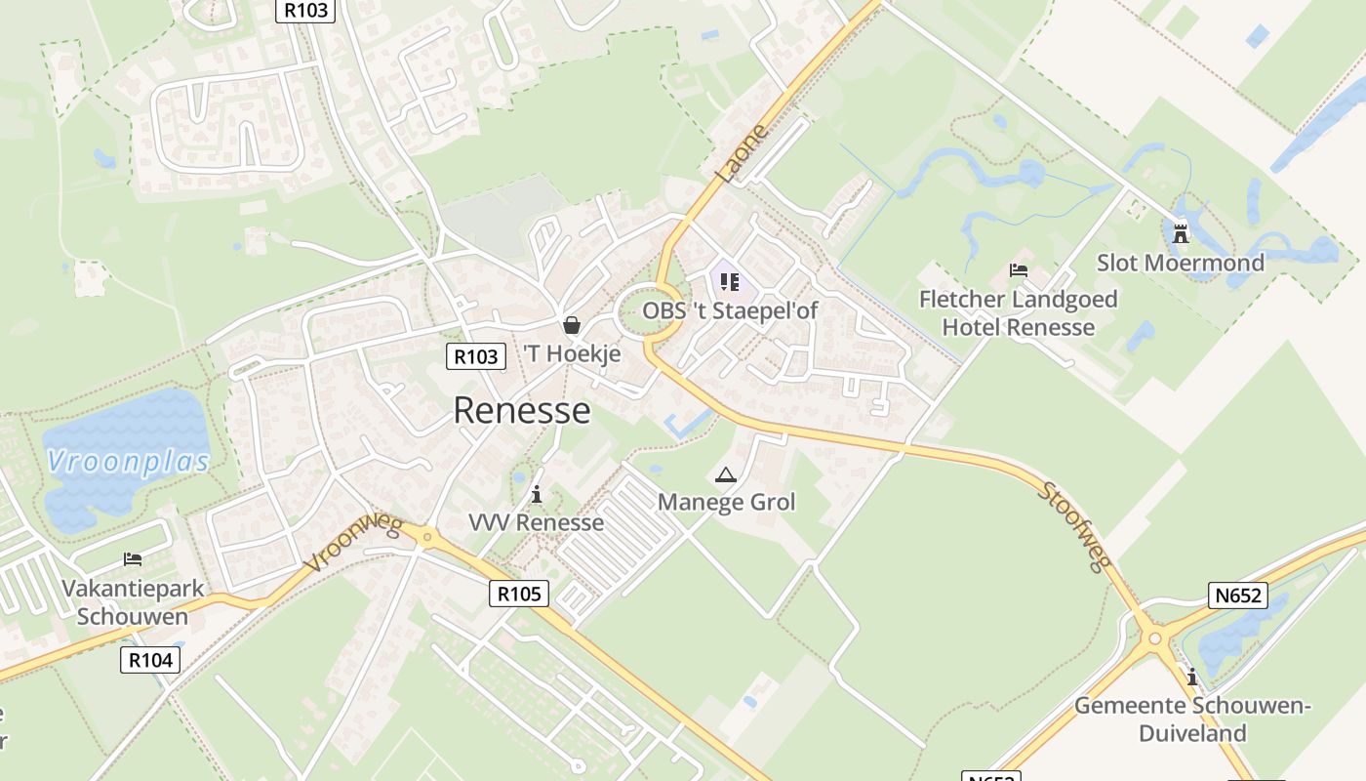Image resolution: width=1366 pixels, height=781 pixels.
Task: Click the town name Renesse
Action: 522,410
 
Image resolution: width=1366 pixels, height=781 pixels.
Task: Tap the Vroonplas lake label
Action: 128,461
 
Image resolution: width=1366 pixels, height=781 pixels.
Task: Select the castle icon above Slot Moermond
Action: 1181,233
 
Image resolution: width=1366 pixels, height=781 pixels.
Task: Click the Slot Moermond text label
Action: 1181,263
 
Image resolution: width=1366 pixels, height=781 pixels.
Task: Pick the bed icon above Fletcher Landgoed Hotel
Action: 1019,270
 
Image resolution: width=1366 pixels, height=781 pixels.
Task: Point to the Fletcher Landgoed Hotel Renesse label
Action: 1019,312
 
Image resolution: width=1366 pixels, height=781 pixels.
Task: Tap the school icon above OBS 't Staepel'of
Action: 729,283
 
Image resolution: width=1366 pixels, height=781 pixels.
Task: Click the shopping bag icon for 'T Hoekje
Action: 571,325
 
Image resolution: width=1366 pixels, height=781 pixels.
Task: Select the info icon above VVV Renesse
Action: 536,495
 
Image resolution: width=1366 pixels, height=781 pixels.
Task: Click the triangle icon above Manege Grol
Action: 725,475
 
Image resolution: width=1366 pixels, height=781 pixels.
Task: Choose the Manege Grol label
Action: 727,502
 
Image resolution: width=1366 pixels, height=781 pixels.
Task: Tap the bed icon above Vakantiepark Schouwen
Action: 133,559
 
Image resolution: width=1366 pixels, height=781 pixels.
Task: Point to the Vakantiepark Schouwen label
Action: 133,602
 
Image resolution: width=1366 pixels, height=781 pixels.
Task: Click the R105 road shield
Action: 518,593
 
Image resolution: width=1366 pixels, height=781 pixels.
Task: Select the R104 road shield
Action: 151,660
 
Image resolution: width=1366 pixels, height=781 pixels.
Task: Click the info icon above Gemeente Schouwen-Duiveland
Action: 1191,677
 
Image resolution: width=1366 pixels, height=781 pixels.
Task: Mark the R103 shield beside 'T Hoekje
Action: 477,356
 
